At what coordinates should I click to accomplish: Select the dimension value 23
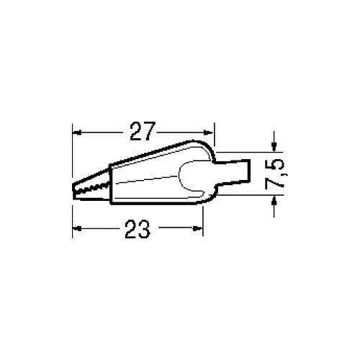(138, 229)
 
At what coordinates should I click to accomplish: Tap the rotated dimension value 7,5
(275, 174)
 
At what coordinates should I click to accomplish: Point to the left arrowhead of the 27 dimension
(77, 132)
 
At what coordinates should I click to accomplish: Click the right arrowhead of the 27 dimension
(208, 132)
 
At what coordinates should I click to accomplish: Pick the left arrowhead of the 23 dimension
(77, 228)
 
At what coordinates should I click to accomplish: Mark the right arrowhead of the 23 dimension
(198, 228)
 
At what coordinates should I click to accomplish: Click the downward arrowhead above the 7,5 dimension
(274, 148)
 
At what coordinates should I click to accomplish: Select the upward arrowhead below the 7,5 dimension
(274, 200)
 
